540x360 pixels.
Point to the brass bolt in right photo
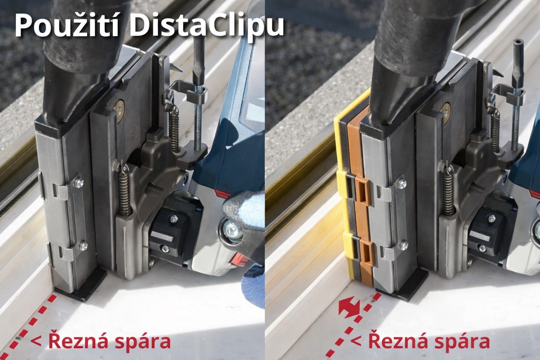click(x=445, y=110)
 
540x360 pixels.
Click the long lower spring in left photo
click(x=125, y=191)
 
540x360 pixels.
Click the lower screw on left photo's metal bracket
click(x=83, y=245)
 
